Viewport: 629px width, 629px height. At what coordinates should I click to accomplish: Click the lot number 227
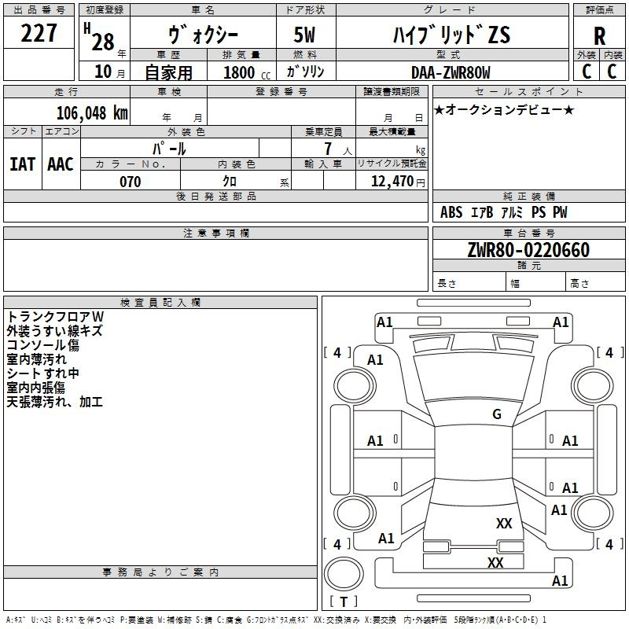[x=39, y=33]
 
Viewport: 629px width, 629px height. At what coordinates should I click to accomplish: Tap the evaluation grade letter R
[x=599, y=36]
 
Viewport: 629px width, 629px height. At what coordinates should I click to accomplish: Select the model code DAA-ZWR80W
[x=451, y=72]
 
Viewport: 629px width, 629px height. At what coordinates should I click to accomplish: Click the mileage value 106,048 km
[x=92, y=113]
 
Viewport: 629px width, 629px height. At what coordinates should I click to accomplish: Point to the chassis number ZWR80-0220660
[x=528, y=250]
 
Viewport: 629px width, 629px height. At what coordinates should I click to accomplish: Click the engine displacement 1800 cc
[x=247, y=72]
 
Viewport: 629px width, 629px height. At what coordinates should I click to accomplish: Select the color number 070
[x=131, y=182]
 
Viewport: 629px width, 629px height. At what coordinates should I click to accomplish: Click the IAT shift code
[x=22, y=164]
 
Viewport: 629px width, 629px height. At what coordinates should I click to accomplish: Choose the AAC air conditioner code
[x=61, y=164]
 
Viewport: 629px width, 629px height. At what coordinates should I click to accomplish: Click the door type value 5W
[x=304, y=35]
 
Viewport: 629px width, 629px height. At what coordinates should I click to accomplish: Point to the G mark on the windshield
[x=497, y=414]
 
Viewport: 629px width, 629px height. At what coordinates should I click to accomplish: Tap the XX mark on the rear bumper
[x=495, y=562]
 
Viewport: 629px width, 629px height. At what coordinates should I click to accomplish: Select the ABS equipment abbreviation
[x=451, y=212]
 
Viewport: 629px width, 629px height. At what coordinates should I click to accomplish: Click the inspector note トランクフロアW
[x=55, y=317]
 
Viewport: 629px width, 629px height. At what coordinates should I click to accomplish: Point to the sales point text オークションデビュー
[x=504, y=109]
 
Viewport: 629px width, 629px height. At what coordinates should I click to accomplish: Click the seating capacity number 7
[x=328, y=149]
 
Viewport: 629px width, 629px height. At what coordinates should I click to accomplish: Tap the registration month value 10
[x=103, y=72]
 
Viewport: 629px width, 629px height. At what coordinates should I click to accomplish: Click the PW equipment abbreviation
[x=560, y=212]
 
